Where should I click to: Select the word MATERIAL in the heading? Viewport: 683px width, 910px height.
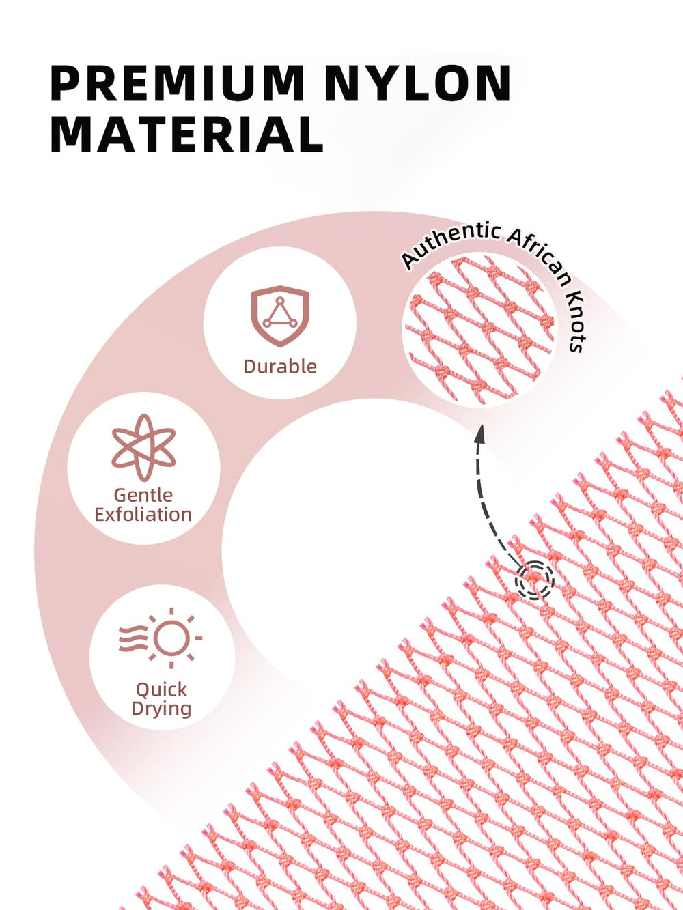[x=186, y=134]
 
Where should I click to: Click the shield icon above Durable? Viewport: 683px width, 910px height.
[x=280, y=316]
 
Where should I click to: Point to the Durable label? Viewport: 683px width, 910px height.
[x=280, y=367]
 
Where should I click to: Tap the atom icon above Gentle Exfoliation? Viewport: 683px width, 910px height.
[x=143, y=448]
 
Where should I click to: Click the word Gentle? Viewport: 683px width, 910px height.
[x=143, y=496]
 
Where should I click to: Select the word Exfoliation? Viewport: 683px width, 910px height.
[x=143, y=515]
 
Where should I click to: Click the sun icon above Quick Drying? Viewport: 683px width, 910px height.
[x=161, y=638]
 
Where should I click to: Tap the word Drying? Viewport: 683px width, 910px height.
[x=161, y=709]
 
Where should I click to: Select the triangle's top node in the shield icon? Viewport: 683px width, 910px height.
[x=280, y=300]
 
